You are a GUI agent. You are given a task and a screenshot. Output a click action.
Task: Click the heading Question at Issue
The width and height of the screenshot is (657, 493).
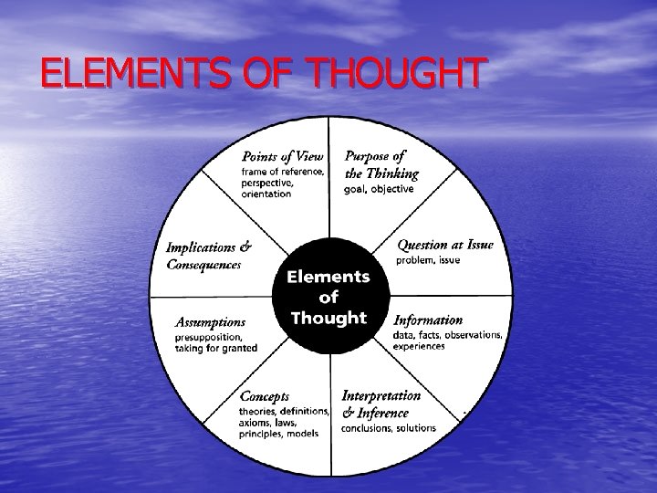[x=445, y=245]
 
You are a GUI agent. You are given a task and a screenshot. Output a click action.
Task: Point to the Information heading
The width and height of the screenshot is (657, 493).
[x=428, y=320]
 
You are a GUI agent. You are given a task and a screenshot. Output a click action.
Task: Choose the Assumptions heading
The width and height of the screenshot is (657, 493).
[x=210, y=321]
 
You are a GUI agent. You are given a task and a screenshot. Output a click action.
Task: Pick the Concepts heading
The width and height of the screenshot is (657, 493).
[x=265, y=396]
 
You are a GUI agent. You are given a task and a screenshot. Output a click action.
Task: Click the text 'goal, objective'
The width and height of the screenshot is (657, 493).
[x=379, y=189]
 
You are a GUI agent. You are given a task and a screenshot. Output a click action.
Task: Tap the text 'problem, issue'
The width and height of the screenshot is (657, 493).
[x=429, y=260]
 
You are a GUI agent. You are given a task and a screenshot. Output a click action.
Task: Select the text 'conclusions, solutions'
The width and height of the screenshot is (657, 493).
[x=389, y=427]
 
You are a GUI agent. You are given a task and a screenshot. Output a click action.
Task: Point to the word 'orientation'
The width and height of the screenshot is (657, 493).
[x=266, y=194]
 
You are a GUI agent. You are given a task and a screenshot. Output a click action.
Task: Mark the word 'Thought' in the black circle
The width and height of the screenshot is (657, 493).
[x=328, y=318]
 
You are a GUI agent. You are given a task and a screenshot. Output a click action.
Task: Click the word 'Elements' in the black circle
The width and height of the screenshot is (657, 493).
[x=328, y=276]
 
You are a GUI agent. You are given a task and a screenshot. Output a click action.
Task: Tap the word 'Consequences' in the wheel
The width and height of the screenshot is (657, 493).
[x=203, y=265]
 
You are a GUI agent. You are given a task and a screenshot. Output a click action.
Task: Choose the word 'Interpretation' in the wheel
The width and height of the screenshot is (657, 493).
[x=381, y=395]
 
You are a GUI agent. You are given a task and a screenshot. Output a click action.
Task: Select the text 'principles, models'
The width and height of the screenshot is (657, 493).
[x=278, y=434]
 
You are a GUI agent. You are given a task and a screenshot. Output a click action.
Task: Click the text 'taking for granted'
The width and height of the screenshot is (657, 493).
[x=215, y=348]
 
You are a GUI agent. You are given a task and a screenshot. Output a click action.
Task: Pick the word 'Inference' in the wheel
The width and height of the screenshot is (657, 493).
[x=387, y=412]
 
